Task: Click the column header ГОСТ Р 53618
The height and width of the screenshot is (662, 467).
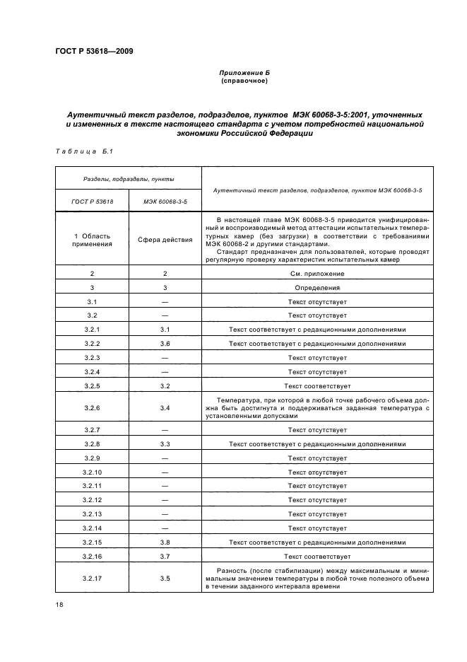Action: [x=92, y=201]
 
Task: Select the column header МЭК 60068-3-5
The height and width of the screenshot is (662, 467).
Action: [x=165, y=201]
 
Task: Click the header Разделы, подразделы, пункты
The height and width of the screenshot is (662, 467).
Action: [x=129, y=179]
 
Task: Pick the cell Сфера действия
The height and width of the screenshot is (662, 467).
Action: [x=165, y=240]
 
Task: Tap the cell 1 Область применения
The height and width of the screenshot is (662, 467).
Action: [x=92, y=240]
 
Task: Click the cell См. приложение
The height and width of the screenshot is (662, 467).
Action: [x=317, y=273]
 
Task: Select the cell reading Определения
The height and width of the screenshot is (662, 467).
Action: [x=317, y=288]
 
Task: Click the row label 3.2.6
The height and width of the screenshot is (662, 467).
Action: [x=92, y=408]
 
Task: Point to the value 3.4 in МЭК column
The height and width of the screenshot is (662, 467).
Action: [x=165, y=408]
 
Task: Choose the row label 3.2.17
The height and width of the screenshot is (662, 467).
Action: [x=92, y=579]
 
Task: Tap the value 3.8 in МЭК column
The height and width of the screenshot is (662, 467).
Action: [x=165, y=542]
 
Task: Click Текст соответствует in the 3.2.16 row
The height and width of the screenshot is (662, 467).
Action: [x=317, y=557]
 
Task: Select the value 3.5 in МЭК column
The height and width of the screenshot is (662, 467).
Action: [x=165, y=579]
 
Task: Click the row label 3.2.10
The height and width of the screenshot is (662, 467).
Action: [x=92, y=472]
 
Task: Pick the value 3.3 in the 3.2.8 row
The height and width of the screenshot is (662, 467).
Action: [x=165, y=444]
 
